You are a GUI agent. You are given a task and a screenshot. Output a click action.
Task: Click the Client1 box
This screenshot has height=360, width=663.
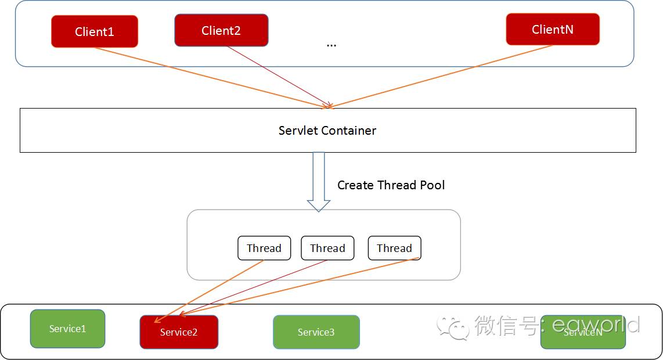95,31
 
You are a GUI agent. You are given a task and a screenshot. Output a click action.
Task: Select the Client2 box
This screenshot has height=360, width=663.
221,30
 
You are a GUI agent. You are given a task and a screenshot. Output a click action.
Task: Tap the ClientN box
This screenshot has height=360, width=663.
552,29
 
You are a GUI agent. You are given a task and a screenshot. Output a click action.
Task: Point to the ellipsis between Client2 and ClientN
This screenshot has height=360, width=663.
331,45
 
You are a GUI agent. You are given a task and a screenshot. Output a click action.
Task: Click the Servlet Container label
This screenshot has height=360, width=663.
327,131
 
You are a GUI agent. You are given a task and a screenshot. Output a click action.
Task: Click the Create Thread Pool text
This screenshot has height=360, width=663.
391,185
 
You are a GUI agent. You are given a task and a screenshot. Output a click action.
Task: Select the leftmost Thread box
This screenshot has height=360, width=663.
264,248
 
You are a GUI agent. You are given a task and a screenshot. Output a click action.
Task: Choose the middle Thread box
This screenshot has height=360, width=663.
327,248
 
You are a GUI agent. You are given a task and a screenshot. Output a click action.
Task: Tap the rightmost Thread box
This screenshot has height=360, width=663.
394,248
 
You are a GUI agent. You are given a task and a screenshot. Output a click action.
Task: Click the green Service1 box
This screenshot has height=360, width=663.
67,329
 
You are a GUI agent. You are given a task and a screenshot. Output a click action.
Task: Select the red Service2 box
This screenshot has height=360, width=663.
179,332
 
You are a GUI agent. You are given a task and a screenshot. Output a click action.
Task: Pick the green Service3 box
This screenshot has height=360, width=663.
316,332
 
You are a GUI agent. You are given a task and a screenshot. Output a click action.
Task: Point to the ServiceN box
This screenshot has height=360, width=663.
583,332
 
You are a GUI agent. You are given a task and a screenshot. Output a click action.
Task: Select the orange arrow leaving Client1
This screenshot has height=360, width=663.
209,77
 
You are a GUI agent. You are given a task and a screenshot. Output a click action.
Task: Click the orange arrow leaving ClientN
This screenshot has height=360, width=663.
441,77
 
